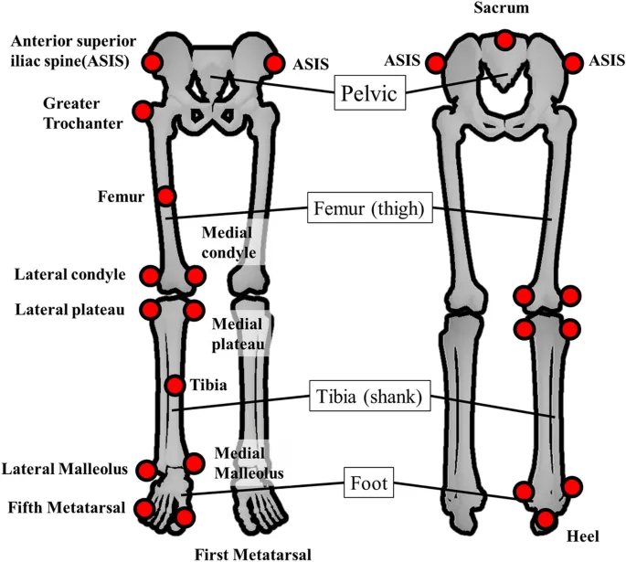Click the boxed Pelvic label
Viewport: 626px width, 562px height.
pos(370,92)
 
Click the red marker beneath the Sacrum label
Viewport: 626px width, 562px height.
pos(504,40)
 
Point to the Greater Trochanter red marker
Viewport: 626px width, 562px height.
pos(143,111)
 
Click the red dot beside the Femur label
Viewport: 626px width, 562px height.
pos(165,196)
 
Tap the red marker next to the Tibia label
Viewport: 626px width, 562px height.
pos(175,387)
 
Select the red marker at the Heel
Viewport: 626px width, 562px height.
pos(546,520)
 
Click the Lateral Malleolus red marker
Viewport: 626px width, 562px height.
pos(146,471)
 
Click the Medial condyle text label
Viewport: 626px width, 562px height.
pos(228,242)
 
